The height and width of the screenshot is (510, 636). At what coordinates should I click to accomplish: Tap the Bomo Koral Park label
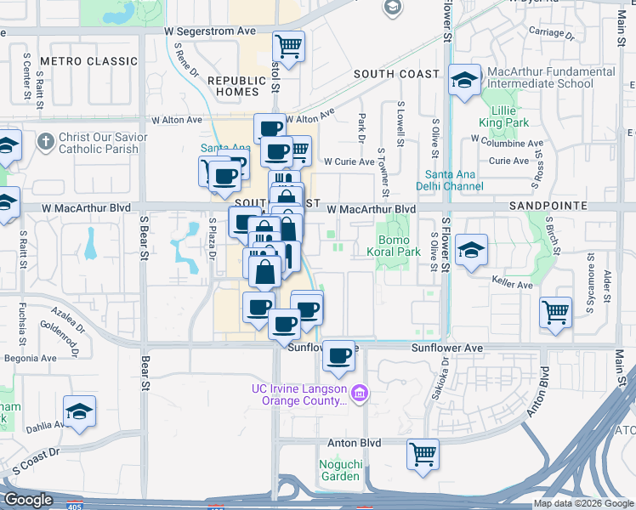click(x=399, y=246)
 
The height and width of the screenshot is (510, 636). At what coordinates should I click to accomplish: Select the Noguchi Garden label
click(x=340, y=469)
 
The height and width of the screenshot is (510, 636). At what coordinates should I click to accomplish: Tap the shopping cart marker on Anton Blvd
click(x=423, y=454)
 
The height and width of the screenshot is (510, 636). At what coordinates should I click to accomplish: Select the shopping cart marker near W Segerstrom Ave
click(x=289, y=46)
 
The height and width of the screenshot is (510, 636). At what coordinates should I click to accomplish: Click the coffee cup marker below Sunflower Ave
click(x=339, y=356)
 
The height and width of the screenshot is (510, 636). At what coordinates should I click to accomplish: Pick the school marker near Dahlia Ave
click(x=80, y=411)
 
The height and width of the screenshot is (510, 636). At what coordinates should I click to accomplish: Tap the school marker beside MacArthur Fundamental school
click(x=464, y=81)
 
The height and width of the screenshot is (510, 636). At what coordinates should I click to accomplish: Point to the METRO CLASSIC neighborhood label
click(x=88, y=61)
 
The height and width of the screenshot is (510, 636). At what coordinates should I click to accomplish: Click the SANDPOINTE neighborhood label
click(x=548, y=207)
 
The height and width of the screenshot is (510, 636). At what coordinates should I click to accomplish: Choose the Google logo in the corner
click(x=29, y=501)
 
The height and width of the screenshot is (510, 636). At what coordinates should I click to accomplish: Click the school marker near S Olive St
click(x=471, y=250)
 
